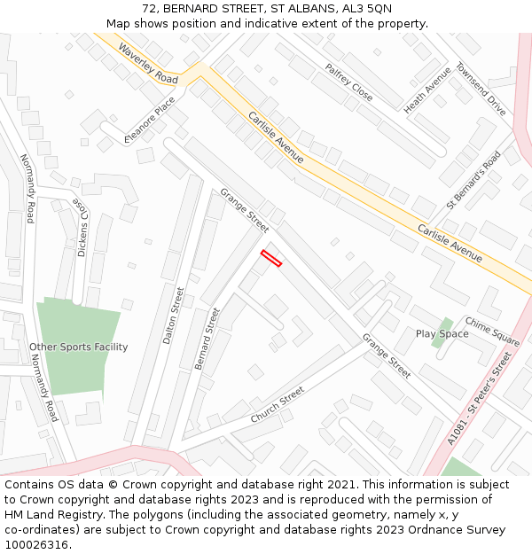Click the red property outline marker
pos(270,258)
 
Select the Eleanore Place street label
pos(150,120)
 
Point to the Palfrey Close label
pos(348,82)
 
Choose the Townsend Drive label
pos(481,89)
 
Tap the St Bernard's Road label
pos(473,180)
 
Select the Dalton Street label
pos(173,315)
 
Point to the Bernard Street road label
pos(207,338)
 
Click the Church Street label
pos(278,403)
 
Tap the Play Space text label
pos(442,334)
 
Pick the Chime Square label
pos(492,332)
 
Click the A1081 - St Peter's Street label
pos(480,400)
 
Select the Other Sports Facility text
pos(78,347)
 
